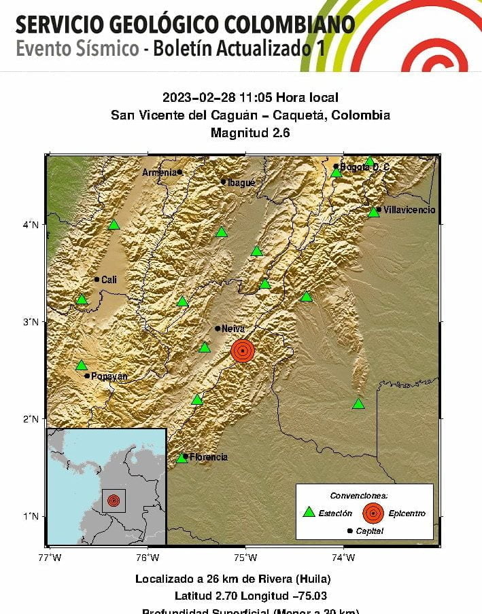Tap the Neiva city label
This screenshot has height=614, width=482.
233,329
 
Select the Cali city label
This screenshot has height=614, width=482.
109,279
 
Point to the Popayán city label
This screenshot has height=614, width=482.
109,376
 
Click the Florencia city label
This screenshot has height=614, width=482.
208,457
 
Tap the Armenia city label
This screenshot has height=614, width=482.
158,173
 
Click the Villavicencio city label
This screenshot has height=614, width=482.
409,210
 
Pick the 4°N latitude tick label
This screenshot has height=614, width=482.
31,224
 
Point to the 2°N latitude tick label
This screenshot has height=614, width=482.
31,418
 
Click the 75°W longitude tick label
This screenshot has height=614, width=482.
245,558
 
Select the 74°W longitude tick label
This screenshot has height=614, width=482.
343,558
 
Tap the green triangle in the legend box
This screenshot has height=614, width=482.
309,513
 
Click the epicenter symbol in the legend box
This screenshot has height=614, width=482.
373,513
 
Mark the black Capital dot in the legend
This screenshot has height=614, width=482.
350,530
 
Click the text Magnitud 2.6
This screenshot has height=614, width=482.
250,132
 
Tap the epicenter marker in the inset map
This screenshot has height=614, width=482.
114,501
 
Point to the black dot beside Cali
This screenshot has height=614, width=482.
97,279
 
